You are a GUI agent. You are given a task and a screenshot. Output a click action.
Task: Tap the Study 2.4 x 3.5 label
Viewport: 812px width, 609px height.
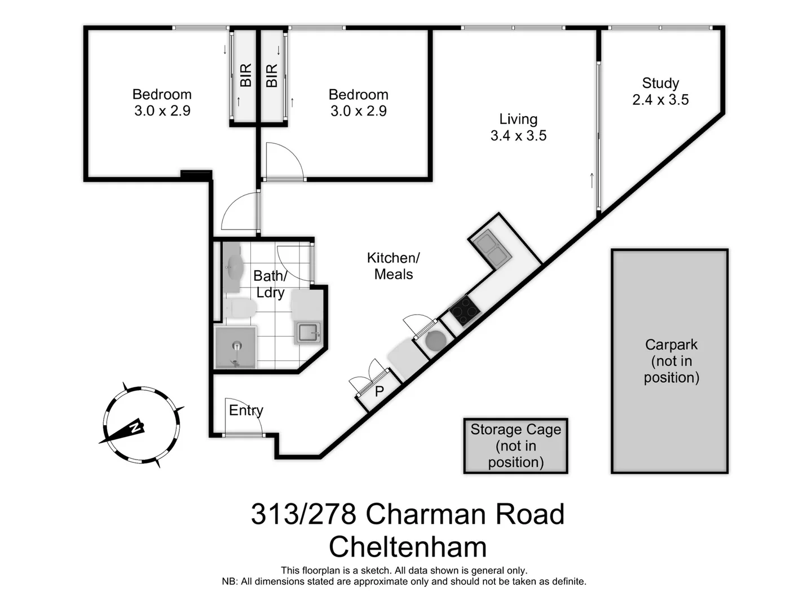point(660,91)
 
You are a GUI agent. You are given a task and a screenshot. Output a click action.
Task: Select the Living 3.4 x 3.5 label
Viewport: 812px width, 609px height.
point(518,127)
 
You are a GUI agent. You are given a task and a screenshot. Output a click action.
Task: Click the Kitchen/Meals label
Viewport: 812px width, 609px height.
point(393,266)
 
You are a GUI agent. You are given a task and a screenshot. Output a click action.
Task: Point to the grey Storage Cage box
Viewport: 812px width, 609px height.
point(515,445)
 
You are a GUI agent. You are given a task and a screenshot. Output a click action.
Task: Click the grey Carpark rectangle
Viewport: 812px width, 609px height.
point(670,361)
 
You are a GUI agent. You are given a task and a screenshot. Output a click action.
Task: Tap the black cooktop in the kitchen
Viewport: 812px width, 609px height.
point(464,311)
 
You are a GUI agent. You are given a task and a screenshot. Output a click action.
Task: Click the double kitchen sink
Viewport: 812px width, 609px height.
point(492,248)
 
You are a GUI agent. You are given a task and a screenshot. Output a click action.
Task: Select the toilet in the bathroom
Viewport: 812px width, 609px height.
point(240,308)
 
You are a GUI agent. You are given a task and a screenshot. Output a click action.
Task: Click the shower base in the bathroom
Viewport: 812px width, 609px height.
point(236,347)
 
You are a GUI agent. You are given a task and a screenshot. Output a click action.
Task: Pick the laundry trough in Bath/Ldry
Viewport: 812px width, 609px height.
point(308,332)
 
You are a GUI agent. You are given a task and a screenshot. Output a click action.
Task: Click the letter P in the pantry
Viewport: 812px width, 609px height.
point(379,391)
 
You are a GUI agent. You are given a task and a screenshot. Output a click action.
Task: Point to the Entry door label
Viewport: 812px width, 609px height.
point(246,411)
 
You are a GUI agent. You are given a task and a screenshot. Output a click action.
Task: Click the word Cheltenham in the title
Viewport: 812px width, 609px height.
point(407,547)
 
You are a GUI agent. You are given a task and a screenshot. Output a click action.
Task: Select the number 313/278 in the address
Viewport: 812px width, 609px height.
point(303,514)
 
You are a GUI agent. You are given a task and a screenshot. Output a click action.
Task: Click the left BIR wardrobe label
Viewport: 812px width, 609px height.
point(245,76)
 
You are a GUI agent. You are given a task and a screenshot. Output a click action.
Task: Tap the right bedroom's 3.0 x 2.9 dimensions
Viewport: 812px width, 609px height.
point(359,111)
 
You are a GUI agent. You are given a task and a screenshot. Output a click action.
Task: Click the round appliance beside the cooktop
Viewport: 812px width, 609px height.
point(435,341)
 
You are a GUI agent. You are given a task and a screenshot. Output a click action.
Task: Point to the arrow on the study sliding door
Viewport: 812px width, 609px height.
point(592,180)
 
